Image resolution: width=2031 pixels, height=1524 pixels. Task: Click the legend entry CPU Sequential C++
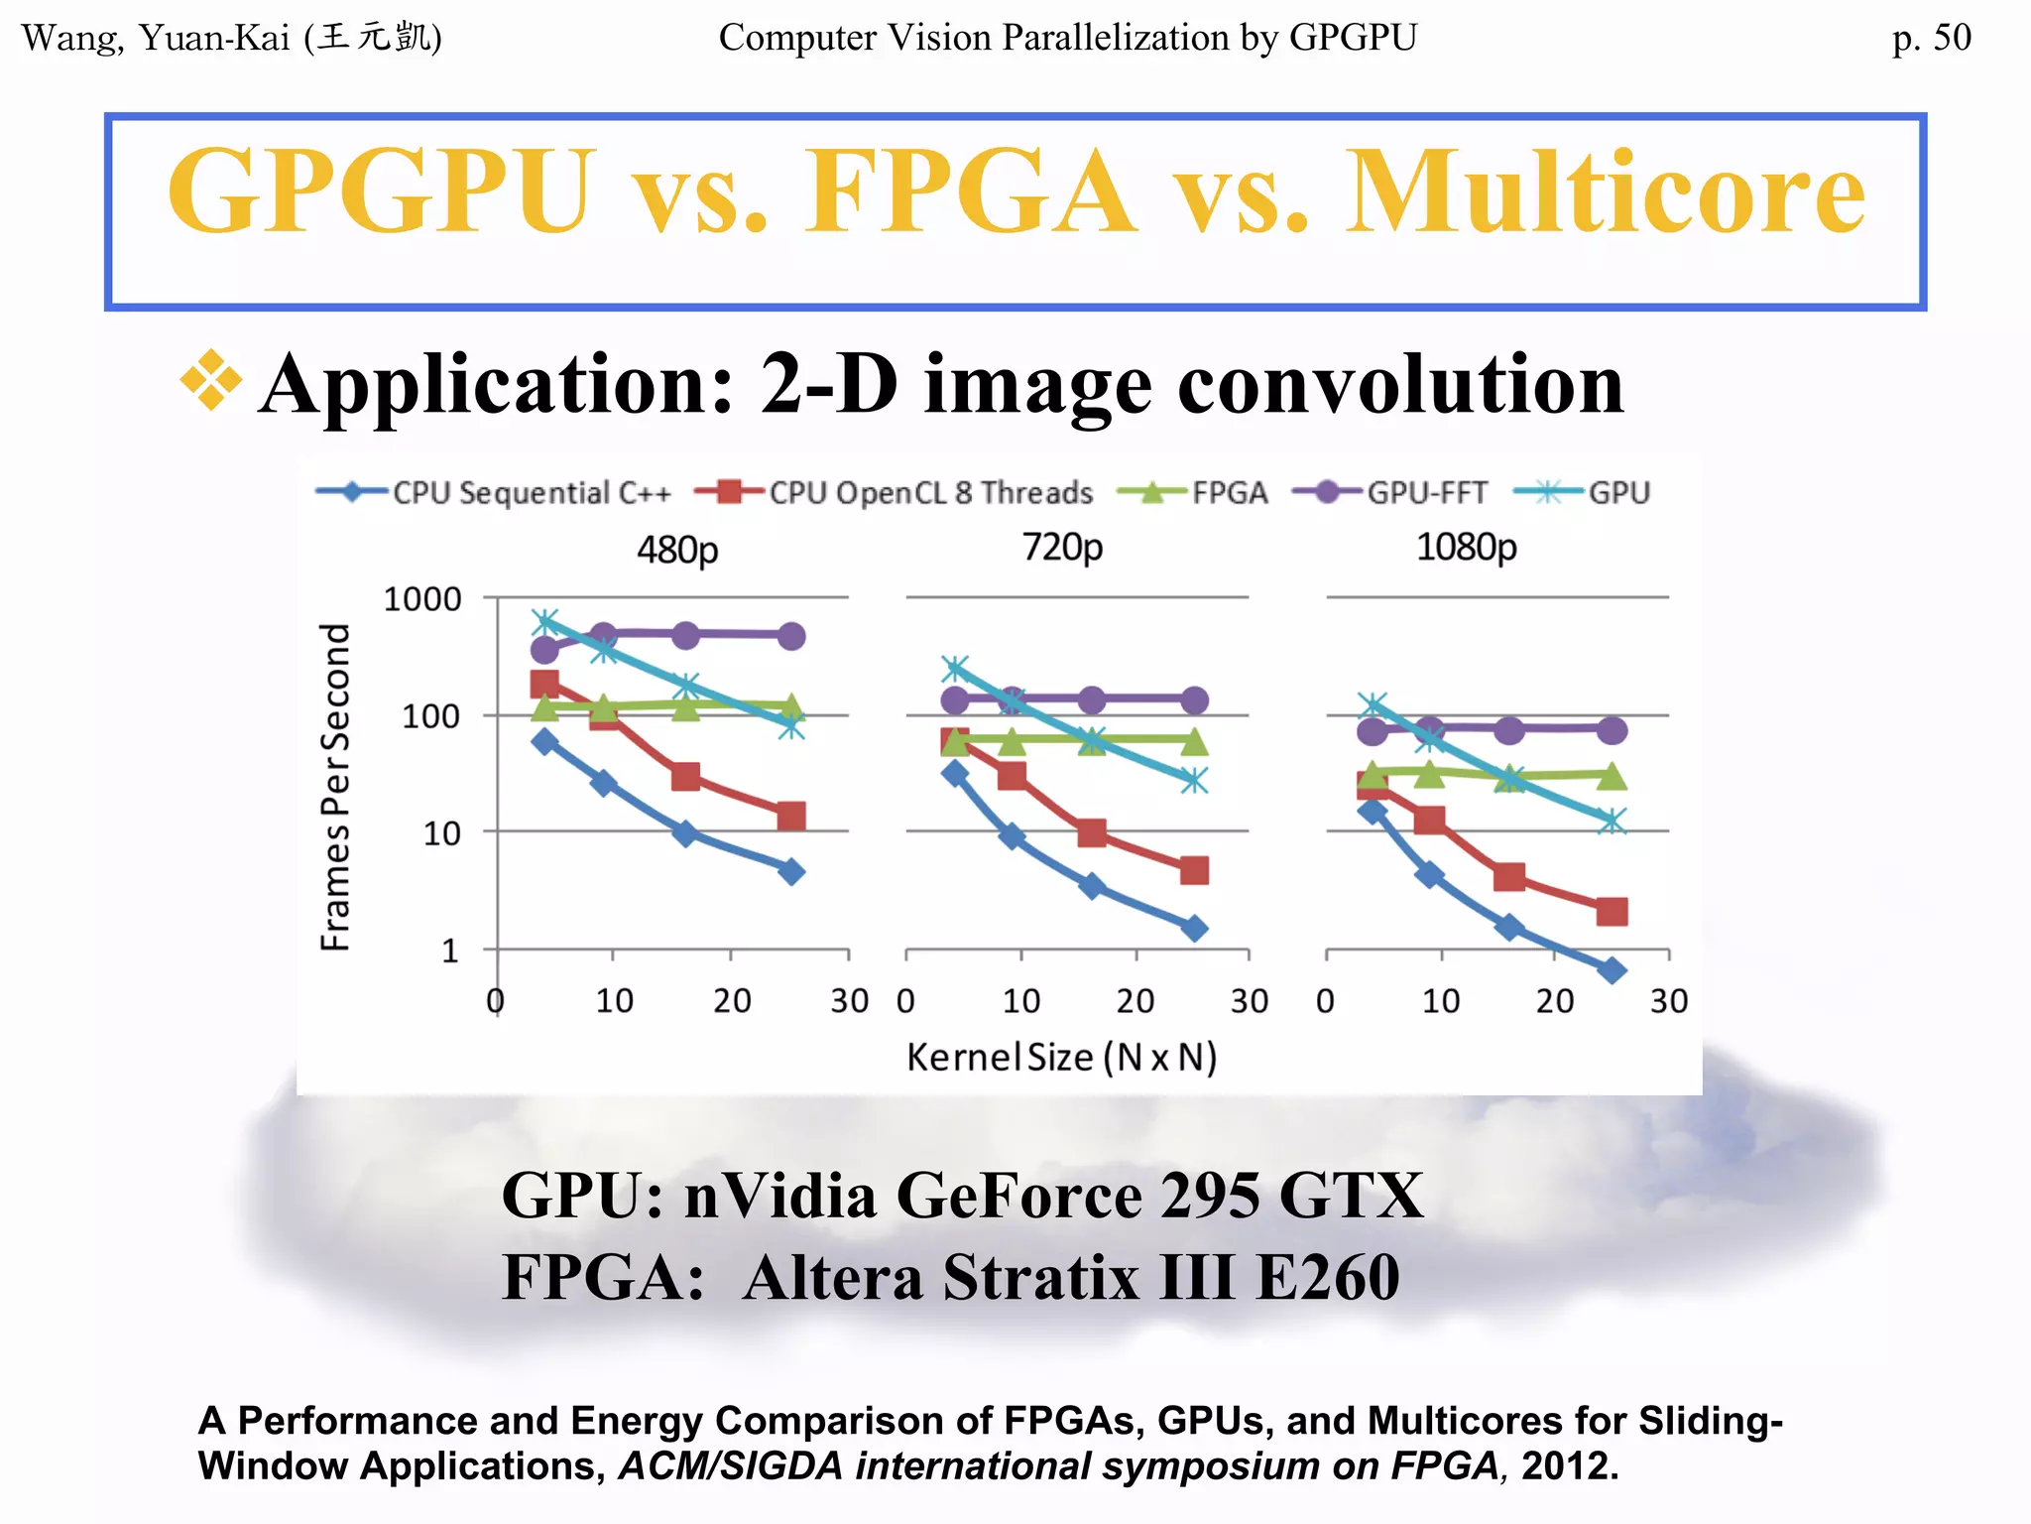pos(494,493)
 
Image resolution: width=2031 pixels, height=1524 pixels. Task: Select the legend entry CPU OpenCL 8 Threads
pos(894,493)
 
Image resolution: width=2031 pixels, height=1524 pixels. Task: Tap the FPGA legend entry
pos(1193,493)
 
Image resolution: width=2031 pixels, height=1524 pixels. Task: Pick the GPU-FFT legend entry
pos(1390,493)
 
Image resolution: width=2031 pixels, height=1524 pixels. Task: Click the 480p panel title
pos(677,549)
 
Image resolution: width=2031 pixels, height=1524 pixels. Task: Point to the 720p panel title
pos(1062,547)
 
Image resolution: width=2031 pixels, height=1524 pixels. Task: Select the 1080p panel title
pos(1466,547)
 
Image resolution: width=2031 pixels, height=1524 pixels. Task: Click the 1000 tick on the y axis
pos(422,599)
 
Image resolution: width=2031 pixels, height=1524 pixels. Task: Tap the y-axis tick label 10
pos(441,833)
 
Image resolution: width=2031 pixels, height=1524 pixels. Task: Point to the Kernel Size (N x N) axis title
pos(1061,1058)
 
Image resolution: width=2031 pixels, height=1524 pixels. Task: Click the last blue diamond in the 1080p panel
pos(1613,970)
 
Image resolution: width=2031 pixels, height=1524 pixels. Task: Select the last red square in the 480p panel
pos(790,817)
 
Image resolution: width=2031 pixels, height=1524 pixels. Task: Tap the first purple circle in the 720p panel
pos(954,700)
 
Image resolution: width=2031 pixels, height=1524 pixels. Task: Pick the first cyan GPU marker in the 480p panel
pos(544,623)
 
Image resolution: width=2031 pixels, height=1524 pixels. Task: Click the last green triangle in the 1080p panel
pos(1613,776)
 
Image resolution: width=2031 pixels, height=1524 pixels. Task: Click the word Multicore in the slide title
pos(1605,191)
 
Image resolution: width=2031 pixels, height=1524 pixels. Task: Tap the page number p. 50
pos(1931,38)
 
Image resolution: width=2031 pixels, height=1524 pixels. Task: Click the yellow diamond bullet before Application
pos(211,380)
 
